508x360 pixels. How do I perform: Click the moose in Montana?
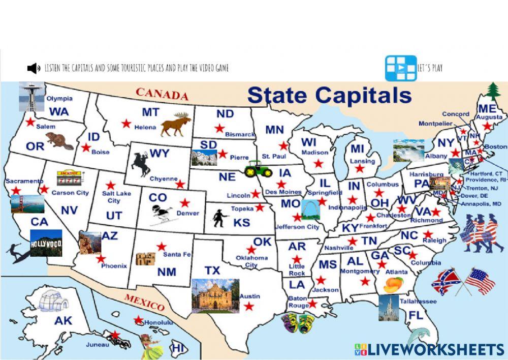176,125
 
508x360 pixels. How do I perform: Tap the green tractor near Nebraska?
258,169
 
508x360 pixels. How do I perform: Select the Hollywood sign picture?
46,243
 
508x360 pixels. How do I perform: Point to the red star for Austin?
249,306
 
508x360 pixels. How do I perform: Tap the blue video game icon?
400,68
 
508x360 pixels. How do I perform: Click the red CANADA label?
162,94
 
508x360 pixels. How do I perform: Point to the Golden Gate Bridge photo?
27,203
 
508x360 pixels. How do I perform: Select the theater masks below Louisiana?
297,322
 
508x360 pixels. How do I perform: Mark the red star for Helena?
126,123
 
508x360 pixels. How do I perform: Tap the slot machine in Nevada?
68,178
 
